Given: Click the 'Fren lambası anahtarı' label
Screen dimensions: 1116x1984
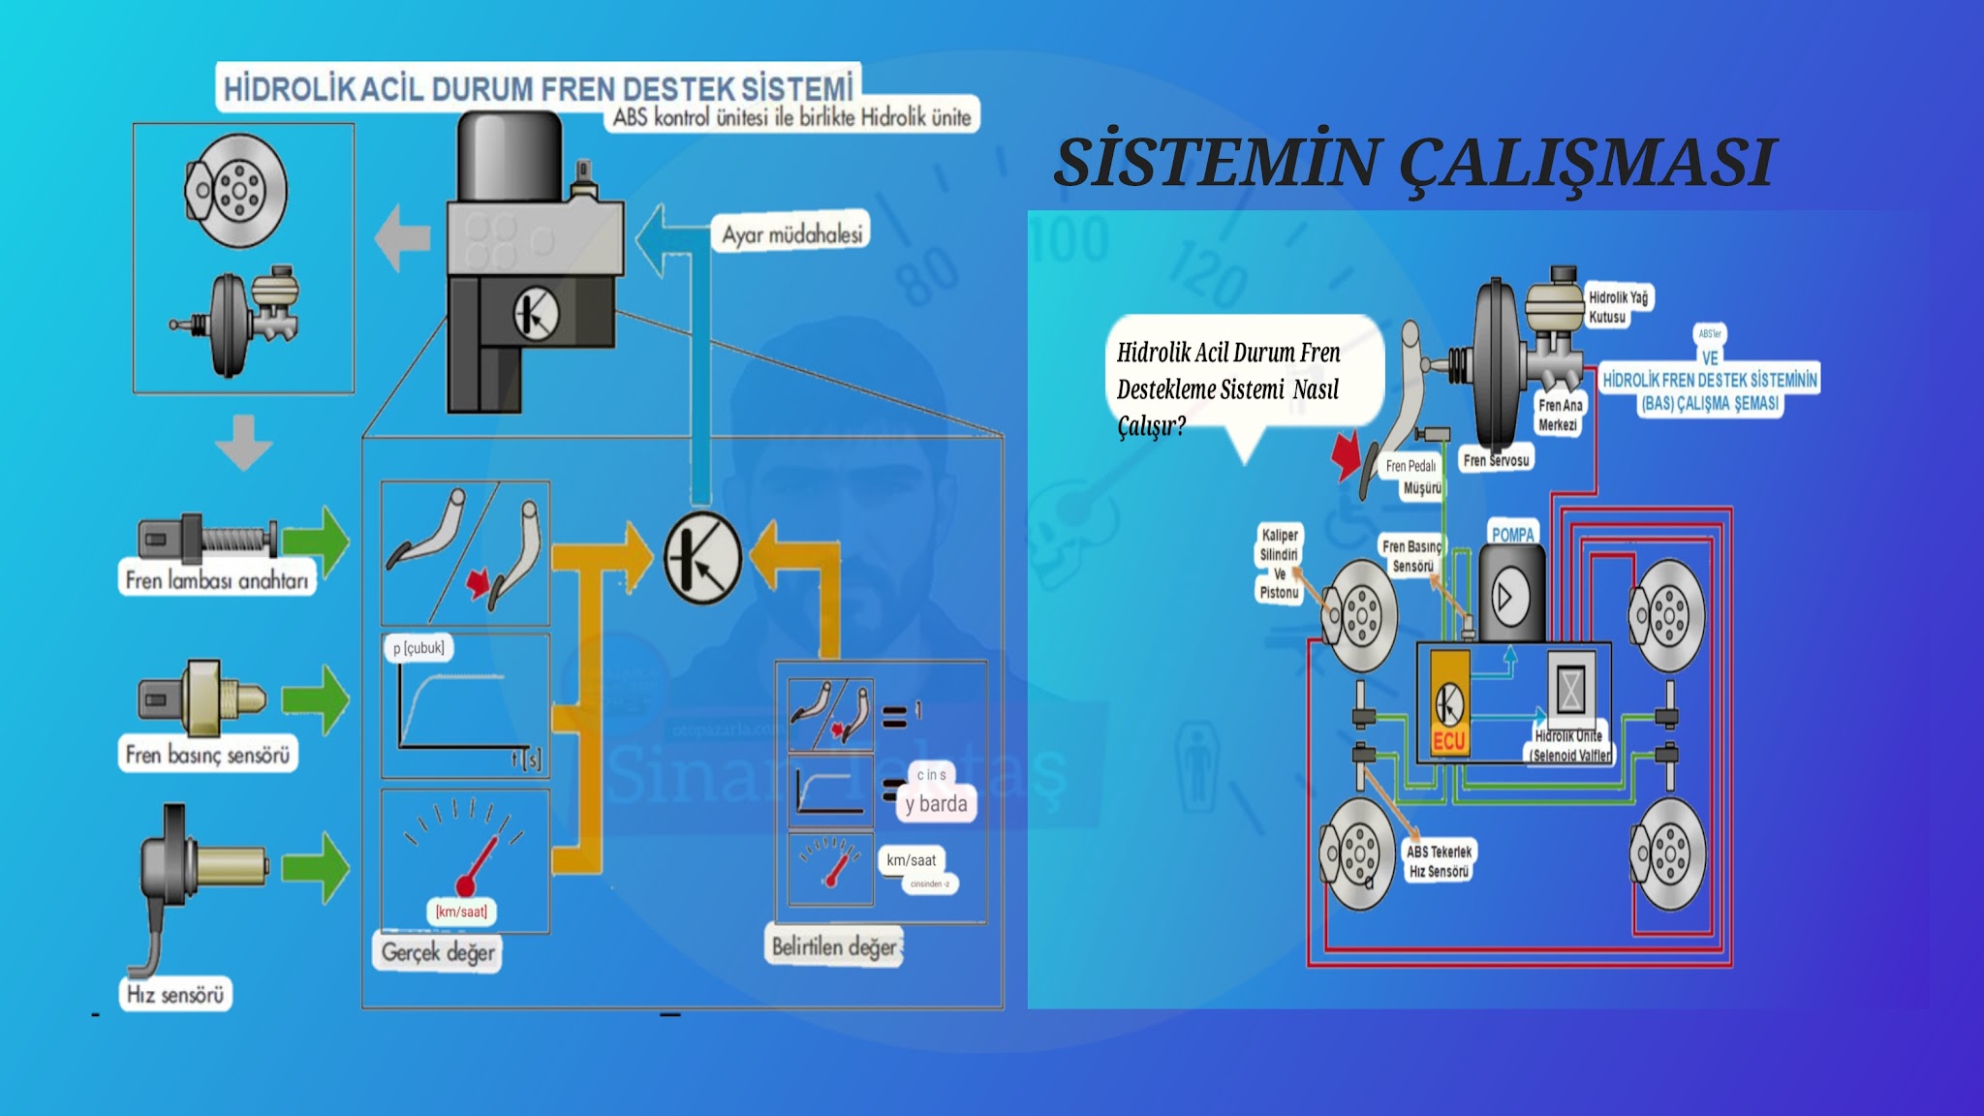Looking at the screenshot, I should point(217,580).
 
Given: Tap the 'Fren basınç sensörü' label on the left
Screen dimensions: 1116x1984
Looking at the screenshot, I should point(207,755).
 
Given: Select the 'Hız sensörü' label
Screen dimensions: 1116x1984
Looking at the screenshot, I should point(175,995).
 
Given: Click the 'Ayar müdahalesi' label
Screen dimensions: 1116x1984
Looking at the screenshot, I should point(791,234).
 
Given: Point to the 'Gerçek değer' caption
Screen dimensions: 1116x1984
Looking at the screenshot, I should point(438,952).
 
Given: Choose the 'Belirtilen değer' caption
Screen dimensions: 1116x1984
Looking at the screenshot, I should point(834,946).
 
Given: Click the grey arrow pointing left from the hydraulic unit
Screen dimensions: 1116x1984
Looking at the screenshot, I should point(402,237).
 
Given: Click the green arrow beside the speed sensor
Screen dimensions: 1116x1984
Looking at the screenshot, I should point(316,867).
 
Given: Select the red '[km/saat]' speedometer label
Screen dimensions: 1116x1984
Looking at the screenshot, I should point(461,912).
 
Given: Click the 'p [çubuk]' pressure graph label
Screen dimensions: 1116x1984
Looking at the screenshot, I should point(418,648).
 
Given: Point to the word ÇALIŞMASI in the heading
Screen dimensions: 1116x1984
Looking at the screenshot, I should point(1589,163).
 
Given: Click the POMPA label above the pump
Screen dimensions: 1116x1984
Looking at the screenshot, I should point(1512,534).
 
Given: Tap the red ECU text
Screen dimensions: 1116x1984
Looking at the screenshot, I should point(1449,742).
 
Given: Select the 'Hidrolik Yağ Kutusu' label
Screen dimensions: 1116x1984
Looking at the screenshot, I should point(1617,307).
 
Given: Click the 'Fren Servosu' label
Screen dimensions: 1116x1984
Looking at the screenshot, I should point(1496,460).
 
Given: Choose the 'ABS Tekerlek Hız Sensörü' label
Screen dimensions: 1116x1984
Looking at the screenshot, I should point(1439,861).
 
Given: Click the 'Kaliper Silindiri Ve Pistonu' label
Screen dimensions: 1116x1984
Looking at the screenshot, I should point(1279,563).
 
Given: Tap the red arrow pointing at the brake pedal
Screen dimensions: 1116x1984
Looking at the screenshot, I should point(1346,455).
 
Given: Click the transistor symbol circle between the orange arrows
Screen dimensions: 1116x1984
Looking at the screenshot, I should point(702,558).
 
